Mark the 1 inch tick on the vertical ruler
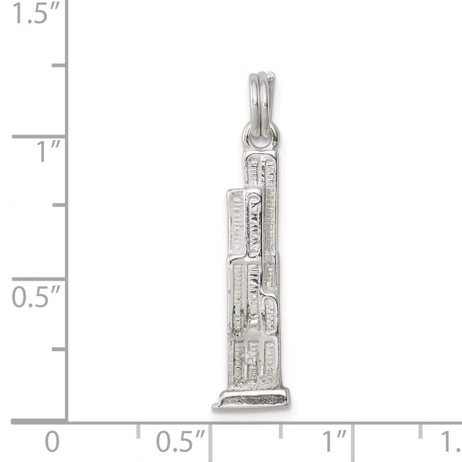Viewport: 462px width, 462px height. tap(39, 137)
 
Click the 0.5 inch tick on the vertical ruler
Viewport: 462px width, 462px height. tap(39, 279)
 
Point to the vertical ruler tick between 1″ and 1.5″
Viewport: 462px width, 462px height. tap(59, 66)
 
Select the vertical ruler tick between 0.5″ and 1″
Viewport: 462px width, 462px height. tap(59, 207)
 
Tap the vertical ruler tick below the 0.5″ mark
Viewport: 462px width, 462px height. tap(59, 349)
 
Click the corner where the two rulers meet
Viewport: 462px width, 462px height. tap(68, 421)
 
